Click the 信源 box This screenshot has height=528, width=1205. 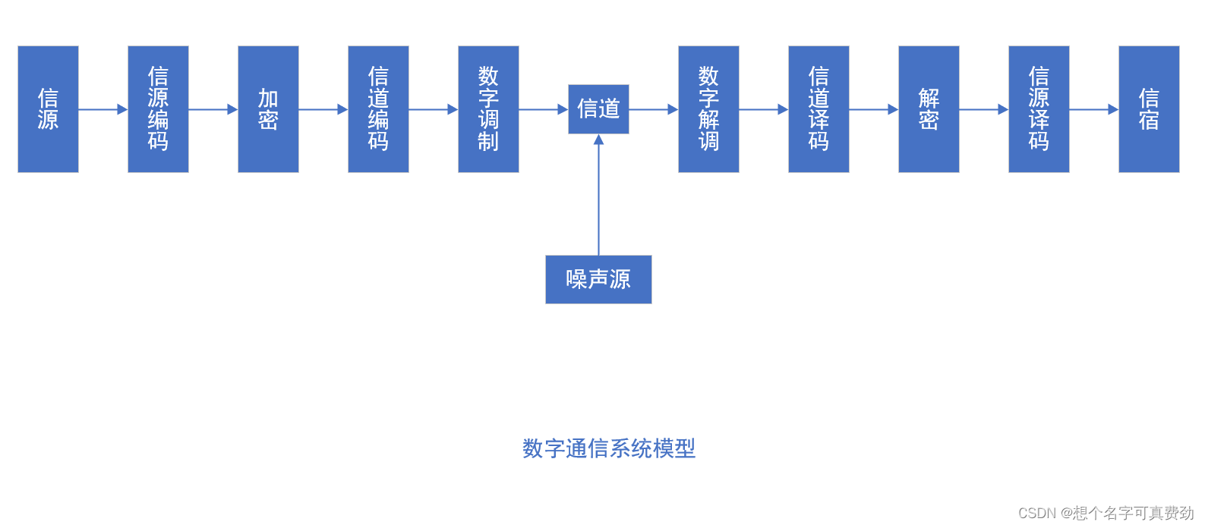[x=48, y=109]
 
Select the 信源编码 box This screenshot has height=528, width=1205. [x=158, y=109]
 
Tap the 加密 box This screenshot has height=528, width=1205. [x=268, y=109]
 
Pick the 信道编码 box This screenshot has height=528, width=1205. [x=378, y=109]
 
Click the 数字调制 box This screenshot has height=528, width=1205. [x=488, y=109]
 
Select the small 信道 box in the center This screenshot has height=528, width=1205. [x=598, y=109]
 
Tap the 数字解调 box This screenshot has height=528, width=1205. [x=708, y=109]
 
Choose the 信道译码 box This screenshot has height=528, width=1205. [x=819, y=109]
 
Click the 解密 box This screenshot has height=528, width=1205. [x=929, y=109]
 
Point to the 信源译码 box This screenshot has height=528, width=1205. [x=1039, y=109]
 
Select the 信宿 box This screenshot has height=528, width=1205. [x=1149, y=109]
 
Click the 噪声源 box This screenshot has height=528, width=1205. [x=598, y=279]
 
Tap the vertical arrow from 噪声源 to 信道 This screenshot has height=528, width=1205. [x=598, y=197]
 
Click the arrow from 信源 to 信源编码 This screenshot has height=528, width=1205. [x=103, y=109]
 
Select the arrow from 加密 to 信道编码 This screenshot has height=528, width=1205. [x=323, y=109]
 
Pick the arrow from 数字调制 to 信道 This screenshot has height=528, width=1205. [x=543, y=109]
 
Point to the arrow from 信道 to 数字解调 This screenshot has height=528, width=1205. [x=653, y=109]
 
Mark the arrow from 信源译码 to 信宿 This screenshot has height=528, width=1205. [x=1093, y=109]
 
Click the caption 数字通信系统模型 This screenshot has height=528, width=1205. [x=608, y=448]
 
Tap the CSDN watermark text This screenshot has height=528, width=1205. [x=1106, y=513]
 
